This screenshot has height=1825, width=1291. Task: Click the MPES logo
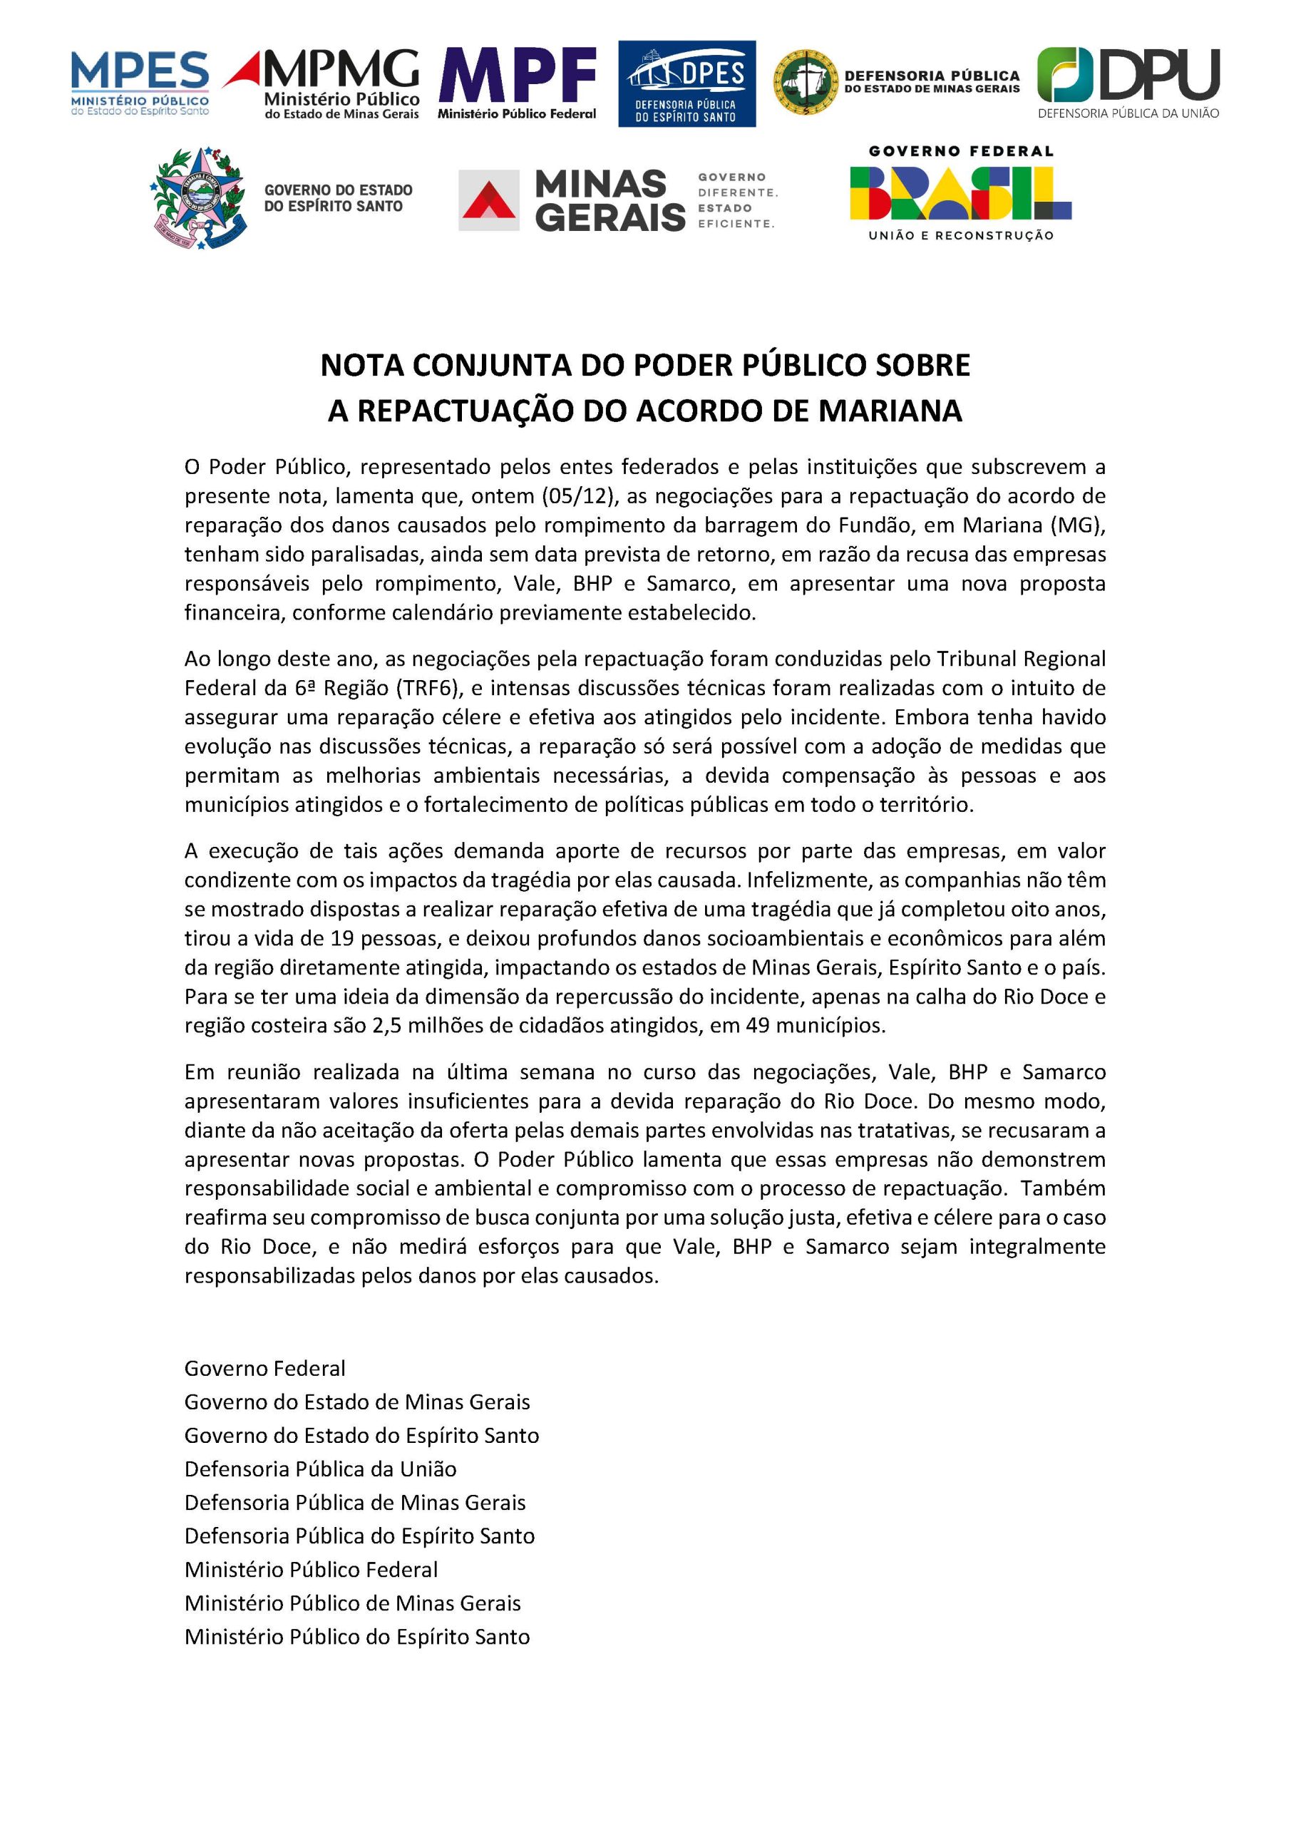[140, 83]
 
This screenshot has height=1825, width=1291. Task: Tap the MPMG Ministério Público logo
[323, 83]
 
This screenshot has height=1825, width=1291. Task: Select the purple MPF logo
[517, 83]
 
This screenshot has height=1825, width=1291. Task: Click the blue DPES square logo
[686, 83]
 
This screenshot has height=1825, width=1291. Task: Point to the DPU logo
[1128, 83]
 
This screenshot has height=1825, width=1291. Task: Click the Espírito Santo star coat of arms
[199, 198]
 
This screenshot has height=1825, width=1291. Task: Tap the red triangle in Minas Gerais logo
[489, 200]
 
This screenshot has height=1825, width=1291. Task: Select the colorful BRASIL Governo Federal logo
[960, 193]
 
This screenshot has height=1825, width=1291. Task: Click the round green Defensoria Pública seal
[806, 82]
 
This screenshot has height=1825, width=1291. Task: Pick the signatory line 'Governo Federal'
[264, 1369]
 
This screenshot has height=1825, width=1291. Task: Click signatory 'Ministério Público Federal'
[311, 1570]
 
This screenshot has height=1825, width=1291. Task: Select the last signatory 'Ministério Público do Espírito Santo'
[357, 1637]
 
